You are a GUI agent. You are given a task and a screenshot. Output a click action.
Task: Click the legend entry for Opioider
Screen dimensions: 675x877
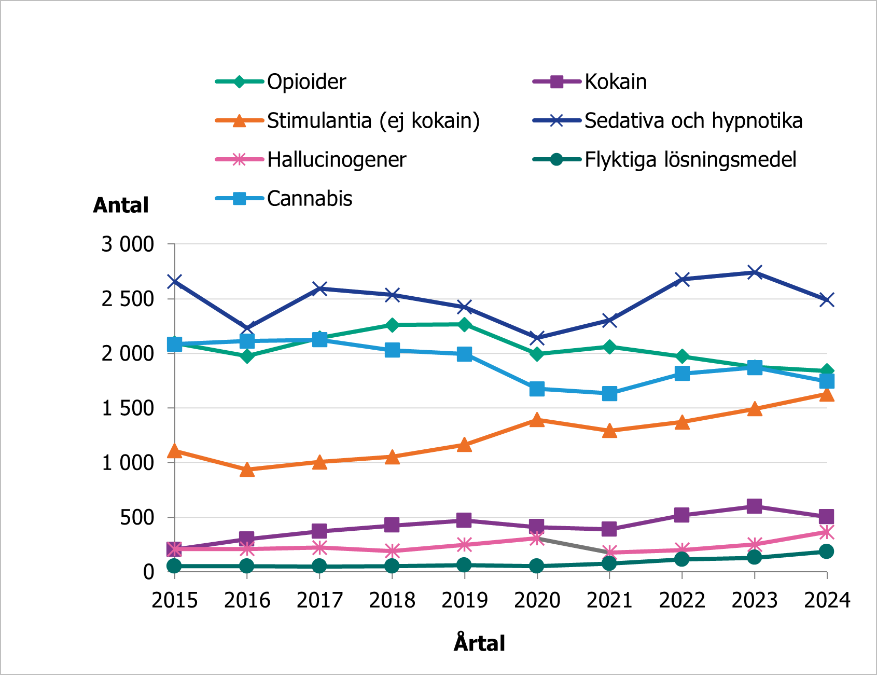[306, 82]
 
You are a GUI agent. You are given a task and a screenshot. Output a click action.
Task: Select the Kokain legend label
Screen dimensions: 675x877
[615, 82]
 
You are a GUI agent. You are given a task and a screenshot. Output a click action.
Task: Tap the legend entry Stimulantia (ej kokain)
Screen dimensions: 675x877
[373, 121]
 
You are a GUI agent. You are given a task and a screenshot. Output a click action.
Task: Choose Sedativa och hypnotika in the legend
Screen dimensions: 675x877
[693, 121]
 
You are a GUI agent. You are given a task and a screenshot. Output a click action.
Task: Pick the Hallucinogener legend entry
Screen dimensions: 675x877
[336, 160]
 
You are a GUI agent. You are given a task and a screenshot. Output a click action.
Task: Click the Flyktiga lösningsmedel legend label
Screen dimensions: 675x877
[690, 160]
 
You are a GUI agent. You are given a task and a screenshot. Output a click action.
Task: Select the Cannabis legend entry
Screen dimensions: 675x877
[309, 199]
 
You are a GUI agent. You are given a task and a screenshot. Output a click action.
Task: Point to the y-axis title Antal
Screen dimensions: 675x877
[121, 205]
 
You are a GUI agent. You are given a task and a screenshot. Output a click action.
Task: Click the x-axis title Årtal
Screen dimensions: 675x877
[479, 643]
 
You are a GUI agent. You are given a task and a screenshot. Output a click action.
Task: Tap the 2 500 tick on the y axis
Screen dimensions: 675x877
[128, 299]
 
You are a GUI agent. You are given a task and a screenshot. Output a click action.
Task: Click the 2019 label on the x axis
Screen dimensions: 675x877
[464, 600]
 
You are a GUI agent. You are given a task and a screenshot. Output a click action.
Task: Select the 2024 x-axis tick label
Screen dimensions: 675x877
[827, 600]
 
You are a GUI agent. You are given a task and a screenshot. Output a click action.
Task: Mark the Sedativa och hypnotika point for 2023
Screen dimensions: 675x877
[755, 272]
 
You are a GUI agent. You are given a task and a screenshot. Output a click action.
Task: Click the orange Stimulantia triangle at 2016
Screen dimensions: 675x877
[247, 470]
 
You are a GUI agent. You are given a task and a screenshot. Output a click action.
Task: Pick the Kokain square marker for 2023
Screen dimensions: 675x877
[755, 506]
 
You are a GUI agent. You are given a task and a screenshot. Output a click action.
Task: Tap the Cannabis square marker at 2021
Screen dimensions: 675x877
[609, 393]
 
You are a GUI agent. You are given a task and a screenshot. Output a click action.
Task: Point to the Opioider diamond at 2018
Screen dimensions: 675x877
[392, 325]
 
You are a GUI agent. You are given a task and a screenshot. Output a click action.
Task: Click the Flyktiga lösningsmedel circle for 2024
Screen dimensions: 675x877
[827, 551]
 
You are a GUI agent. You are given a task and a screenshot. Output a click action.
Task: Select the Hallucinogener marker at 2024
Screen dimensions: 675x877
[827, 532]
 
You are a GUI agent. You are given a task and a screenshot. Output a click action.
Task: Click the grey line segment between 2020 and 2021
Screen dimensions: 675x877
[573, 546]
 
